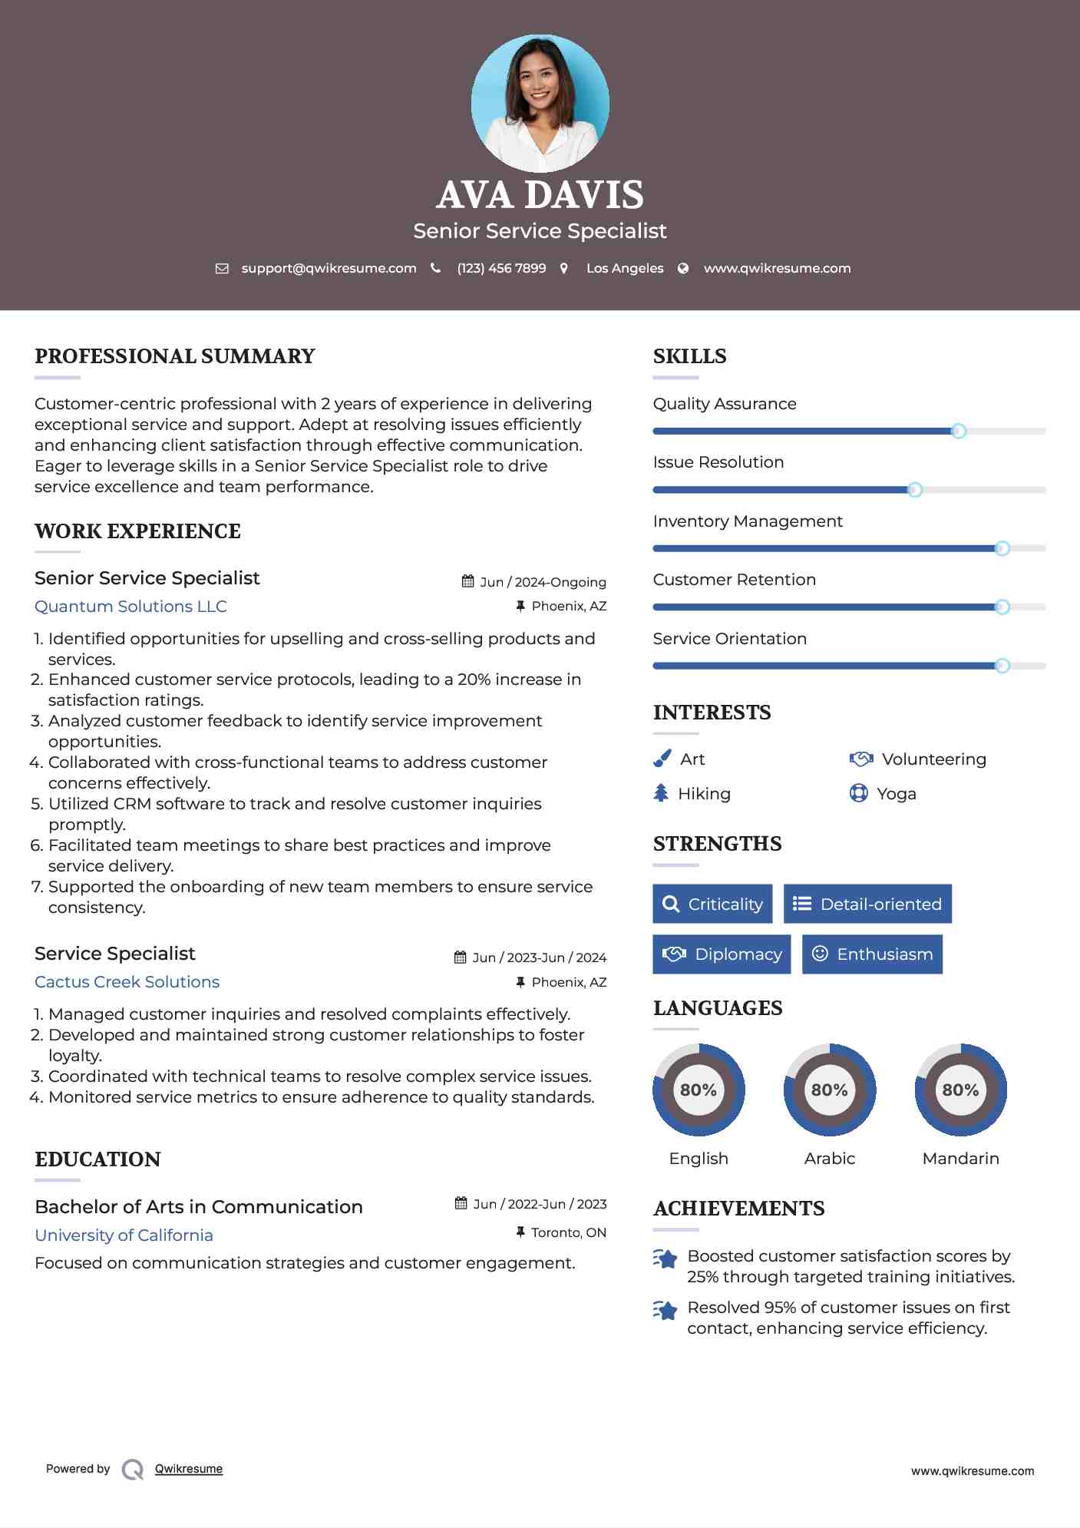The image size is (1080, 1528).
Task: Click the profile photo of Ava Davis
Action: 540,103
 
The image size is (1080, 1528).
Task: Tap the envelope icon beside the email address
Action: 222,269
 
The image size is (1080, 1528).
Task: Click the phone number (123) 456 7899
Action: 501,269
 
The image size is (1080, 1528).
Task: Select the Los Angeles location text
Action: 625,269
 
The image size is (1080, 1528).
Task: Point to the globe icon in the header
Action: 683,269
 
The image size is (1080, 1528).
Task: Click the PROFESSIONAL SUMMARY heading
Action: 175,356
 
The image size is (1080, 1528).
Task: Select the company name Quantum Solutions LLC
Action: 130,607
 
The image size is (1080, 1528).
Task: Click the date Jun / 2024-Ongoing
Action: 543,582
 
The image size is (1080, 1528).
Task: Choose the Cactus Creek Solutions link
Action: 127,982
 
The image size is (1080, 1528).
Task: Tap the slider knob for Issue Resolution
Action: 915,490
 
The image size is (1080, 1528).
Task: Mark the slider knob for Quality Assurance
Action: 959,431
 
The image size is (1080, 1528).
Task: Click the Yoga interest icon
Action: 858,793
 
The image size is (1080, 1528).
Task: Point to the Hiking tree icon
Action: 661,793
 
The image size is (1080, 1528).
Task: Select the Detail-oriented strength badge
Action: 867,904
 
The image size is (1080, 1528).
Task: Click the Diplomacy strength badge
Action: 722,954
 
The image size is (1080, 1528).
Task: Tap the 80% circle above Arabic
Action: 830,1090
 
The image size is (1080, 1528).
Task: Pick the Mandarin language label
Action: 960,1159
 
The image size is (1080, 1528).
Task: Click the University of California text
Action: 124,1235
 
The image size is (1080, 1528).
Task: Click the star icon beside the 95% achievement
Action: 665,1310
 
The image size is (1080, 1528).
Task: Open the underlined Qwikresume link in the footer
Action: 189,1469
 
